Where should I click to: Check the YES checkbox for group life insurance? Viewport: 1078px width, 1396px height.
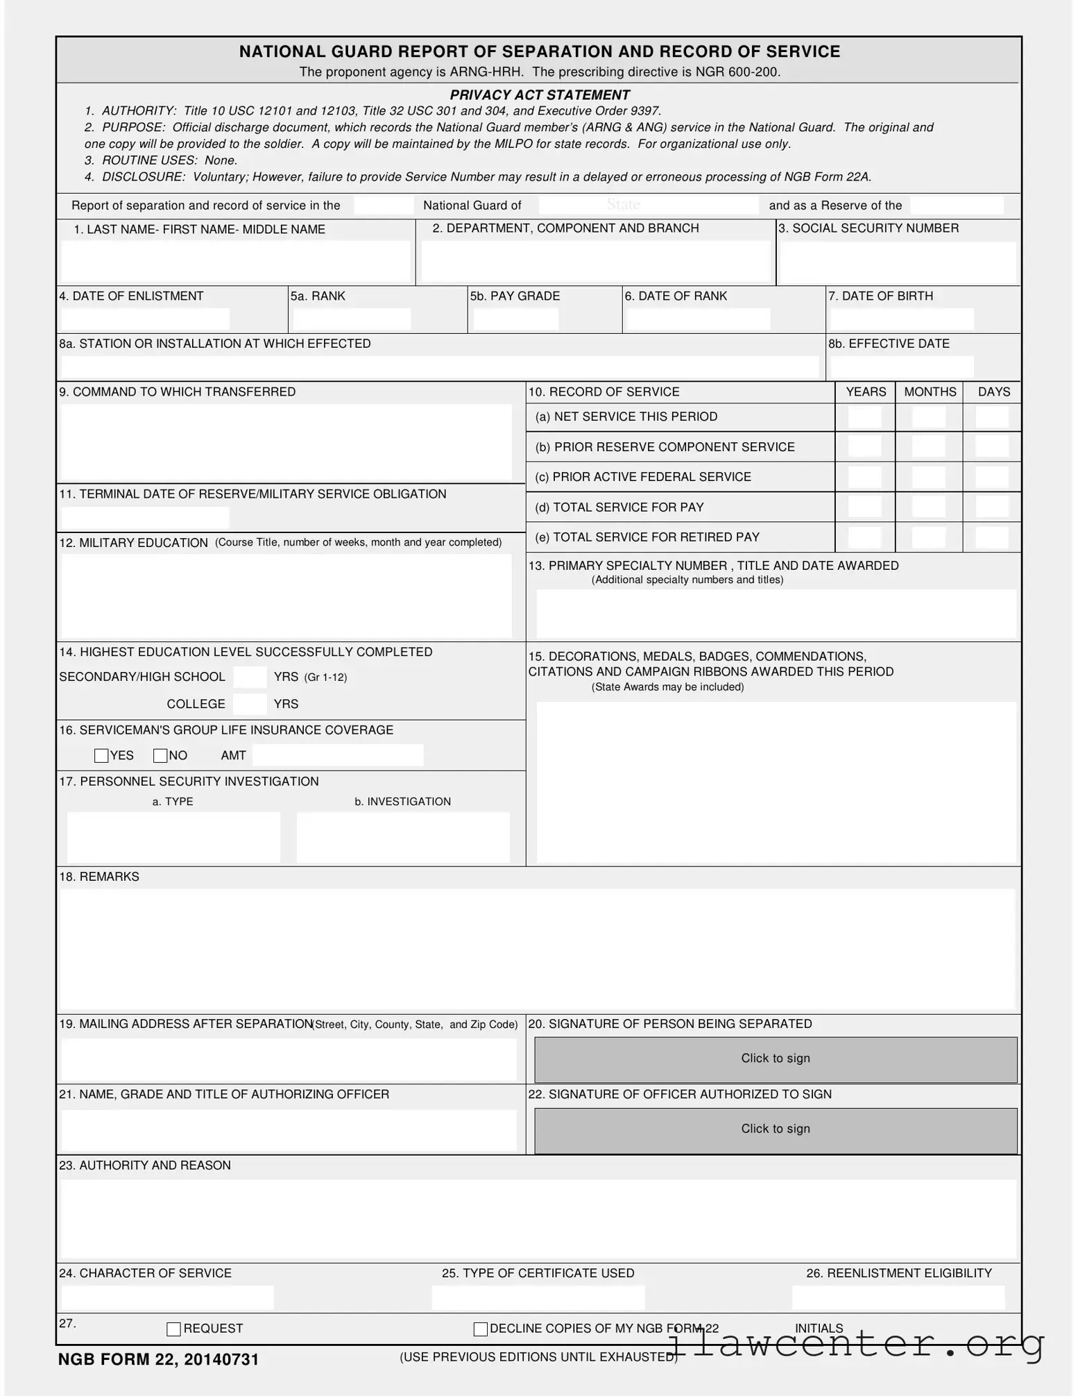click(101, 755)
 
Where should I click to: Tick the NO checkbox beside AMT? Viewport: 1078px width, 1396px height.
click(160, 755)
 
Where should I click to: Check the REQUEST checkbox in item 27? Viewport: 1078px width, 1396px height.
click(174, 1329)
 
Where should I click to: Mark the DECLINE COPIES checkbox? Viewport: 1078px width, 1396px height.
click(480, 1329)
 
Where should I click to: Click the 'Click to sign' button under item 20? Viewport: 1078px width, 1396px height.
click(775, 1059)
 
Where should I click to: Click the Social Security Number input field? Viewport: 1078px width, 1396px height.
click(898, 262)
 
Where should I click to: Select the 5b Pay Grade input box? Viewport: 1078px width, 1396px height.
click(515, 319)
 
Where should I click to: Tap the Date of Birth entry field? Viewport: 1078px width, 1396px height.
click(901, 319)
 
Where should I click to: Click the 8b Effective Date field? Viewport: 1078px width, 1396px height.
click(901, 367)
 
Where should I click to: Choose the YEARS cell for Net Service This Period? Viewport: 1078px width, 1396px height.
click(864, 417)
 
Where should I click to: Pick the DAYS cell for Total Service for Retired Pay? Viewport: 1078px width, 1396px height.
click(992, 537)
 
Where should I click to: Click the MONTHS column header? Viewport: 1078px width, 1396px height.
click(930, 392)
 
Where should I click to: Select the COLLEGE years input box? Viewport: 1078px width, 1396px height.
click(250, 703)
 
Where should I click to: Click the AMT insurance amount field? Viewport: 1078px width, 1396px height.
click(338, 755)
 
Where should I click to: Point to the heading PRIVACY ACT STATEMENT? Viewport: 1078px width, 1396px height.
click(540, 95)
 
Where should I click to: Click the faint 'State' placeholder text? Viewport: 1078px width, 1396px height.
click(623, 204)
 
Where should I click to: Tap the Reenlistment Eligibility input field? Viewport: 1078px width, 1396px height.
click(898, 1297)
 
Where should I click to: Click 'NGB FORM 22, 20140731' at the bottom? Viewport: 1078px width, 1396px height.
click(158, 1359)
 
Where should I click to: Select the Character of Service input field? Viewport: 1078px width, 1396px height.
click(167, 1297)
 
